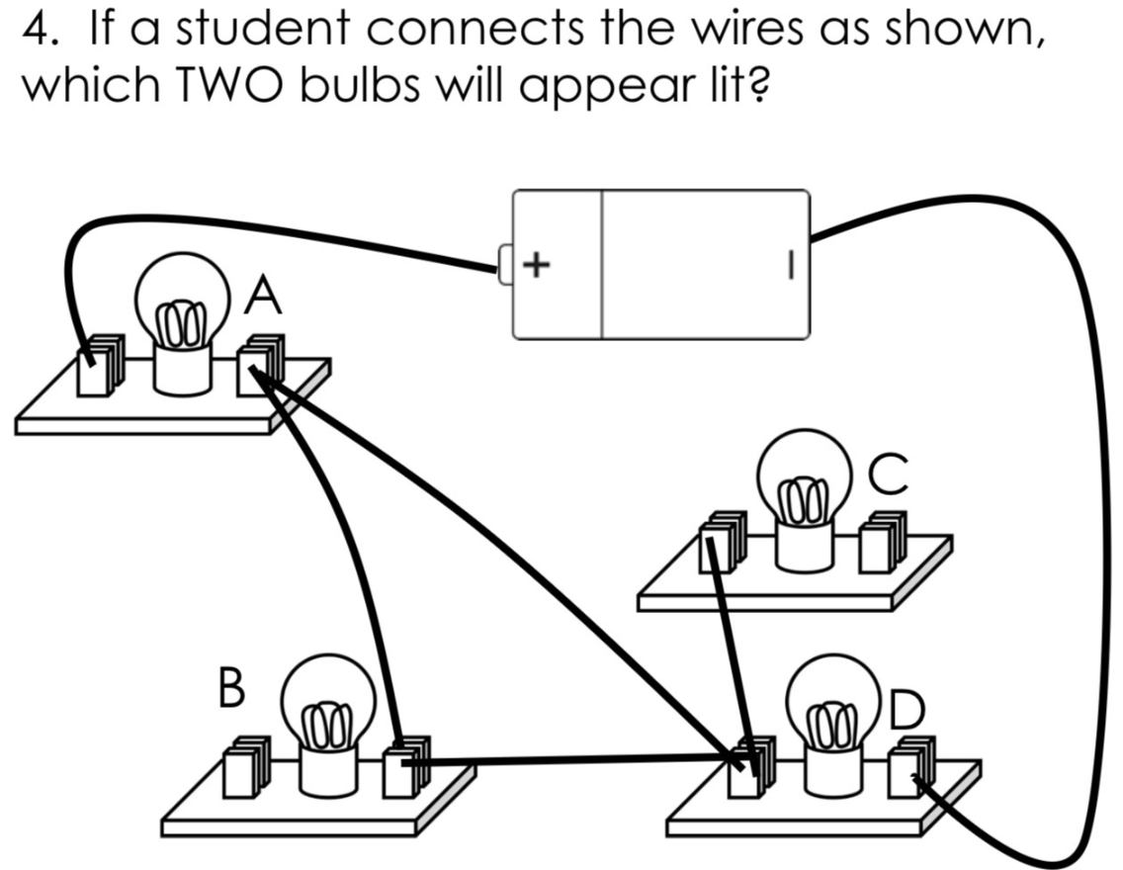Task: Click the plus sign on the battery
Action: tap(536, 264)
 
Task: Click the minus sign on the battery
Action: tap(790, 264)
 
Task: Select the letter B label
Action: tap(229, 688)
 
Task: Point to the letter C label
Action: tap(887, 475)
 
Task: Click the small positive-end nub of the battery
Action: tap(504, 264)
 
